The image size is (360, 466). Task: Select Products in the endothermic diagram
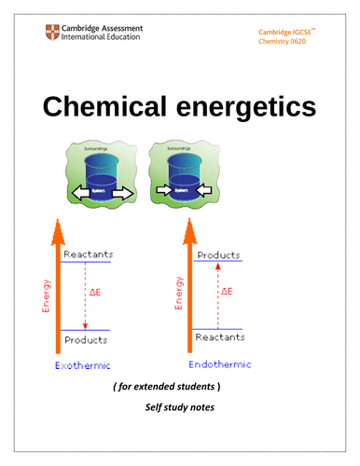217,254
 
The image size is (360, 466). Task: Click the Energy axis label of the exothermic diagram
41,294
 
